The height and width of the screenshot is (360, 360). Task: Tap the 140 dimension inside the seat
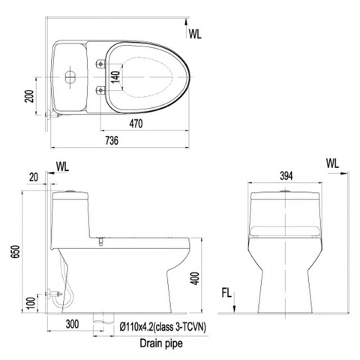coord(115,76)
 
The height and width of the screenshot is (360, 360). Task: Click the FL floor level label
coord(226,292)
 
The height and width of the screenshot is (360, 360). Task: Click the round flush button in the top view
coord(70,76)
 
